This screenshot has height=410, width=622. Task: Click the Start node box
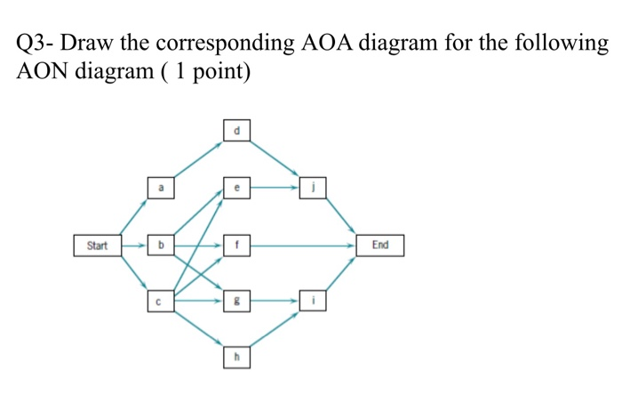click(96, 245)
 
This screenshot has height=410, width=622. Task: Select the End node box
click(379, 245)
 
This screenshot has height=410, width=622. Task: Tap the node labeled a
click(161, 189)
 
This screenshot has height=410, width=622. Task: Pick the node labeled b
click(161, 245)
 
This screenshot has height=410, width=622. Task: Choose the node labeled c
click(161, 301)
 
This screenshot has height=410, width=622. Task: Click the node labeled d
click(236, 132)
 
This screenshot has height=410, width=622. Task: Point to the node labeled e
click(236, 189)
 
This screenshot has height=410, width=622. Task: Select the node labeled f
click(236, 245)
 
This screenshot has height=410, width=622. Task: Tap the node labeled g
click(236, 301)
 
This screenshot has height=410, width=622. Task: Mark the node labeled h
click(236, 358)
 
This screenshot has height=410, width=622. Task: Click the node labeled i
click(314, 301)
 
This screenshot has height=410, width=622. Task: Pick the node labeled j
click(314, 189)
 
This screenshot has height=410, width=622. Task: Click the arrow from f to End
click(302, 245)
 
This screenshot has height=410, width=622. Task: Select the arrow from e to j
click(275, 189)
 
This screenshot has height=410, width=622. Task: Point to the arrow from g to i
click(275, 301)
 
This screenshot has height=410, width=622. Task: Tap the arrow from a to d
click(198, 160)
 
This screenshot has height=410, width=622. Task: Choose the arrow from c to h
click(198, 329)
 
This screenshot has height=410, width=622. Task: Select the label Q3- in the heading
click(35, 43)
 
